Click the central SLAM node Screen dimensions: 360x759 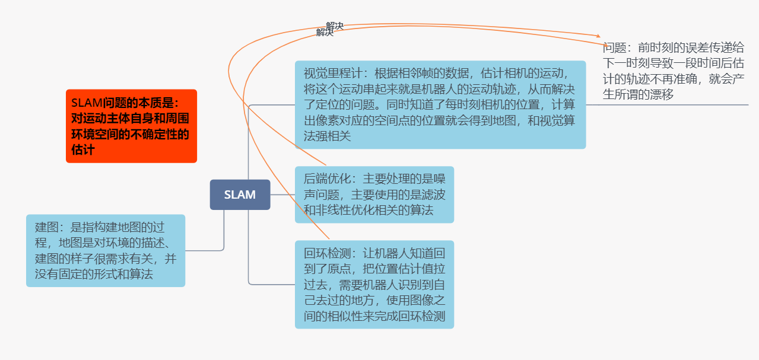[240, 195]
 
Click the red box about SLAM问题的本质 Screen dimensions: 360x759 [131, 126]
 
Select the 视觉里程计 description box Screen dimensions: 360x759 [440, 104]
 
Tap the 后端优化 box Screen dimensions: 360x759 [374, 195]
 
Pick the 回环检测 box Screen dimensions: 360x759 [374, 284]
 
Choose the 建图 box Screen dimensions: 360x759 [105, 250]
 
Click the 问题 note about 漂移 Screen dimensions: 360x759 [674, 71]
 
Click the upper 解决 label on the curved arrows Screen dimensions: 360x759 [335, 26]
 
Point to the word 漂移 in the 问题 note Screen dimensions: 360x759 [660, 94]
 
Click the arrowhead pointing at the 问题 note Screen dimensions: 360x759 [598, 36]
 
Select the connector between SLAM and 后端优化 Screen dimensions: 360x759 [282, 195]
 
